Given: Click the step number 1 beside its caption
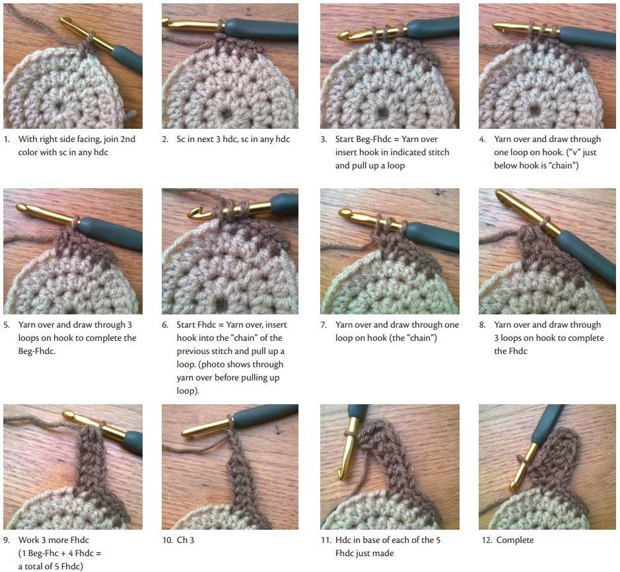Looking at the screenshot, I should point(7,139).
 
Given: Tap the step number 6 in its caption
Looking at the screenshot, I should point(165,325).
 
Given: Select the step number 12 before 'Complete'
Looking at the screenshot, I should point(485,540).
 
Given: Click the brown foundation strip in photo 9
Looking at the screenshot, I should point(90,462).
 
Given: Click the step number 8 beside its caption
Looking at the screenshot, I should point(483,325).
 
